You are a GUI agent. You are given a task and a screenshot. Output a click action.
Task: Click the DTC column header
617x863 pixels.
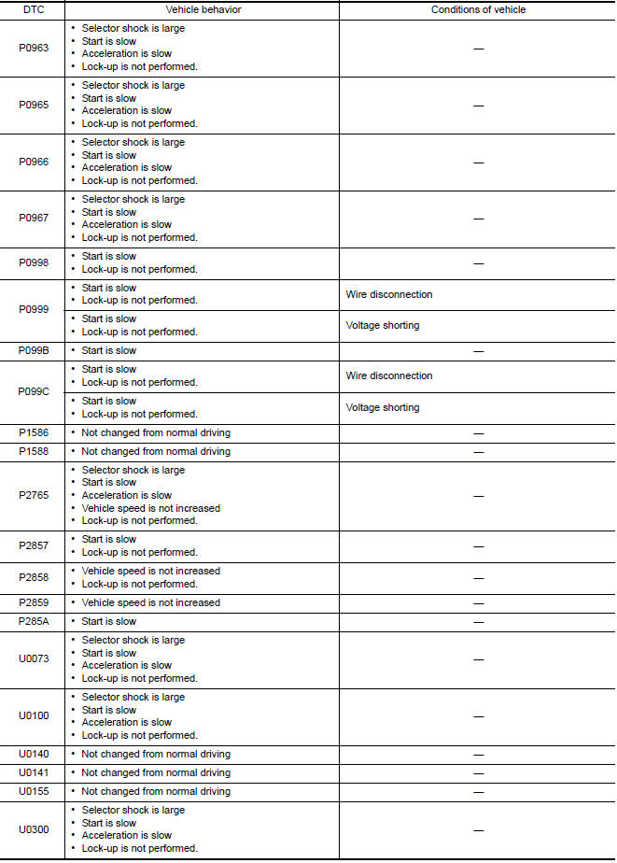point(34,9)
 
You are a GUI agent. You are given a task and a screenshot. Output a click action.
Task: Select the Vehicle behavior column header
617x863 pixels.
point(202,9)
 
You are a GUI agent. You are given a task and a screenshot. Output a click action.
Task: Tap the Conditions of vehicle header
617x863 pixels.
point(478,9)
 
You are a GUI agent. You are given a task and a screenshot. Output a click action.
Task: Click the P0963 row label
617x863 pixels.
point(34,48)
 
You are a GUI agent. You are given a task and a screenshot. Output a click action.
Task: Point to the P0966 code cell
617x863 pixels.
point(34,162)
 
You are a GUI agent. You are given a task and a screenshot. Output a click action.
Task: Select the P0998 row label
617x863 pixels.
point(34,262)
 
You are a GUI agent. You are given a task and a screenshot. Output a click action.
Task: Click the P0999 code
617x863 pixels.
point(34,310)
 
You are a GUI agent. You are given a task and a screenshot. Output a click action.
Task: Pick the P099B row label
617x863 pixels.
point(34,351)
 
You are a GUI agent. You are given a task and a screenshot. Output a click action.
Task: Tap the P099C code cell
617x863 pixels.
point(34,391)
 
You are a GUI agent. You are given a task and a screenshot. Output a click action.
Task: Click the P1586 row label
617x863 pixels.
point(34,432)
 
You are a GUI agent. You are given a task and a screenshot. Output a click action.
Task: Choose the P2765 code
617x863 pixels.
point(34,495)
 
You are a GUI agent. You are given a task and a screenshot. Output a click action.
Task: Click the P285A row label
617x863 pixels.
point(34,621)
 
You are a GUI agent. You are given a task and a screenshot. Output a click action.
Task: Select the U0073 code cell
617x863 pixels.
point(34,659)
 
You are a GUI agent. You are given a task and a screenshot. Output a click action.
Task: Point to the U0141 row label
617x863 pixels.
point(34,772)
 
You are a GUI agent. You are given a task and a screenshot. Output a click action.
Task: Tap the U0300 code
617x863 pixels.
point(34,829)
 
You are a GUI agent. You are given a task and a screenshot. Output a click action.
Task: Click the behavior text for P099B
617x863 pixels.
point(108,351)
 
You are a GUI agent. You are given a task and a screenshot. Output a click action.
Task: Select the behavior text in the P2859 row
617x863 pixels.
point(150,602)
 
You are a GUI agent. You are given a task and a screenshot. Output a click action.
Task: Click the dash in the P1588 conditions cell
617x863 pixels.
point(478,451)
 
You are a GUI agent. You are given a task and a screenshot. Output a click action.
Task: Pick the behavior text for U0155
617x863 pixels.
point(155,791)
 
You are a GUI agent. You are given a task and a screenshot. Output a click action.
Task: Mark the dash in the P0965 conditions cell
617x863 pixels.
point(478,105)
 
